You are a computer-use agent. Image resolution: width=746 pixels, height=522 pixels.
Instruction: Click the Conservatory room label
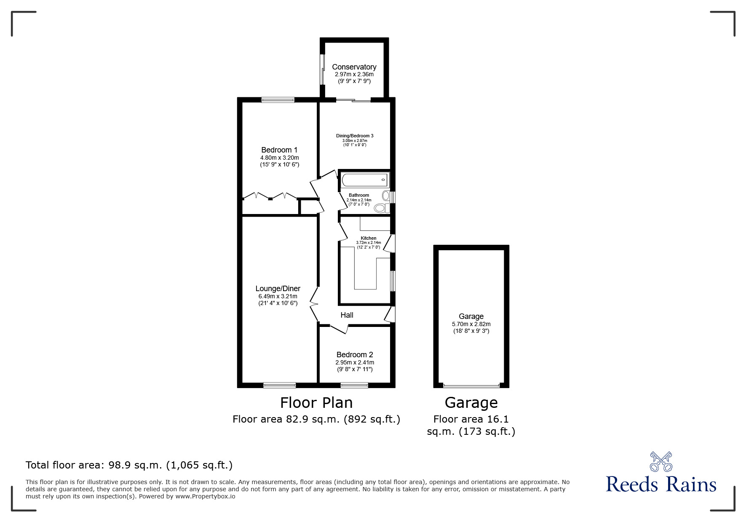click(354, 67)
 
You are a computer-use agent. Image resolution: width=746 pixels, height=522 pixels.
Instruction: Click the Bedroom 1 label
click(279, 150)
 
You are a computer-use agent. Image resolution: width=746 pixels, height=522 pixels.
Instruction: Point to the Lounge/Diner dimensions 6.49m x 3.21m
click(278, 296)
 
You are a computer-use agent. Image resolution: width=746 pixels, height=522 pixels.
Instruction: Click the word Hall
click(347, 315)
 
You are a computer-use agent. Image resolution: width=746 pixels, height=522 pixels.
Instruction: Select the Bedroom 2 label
click(355, 355)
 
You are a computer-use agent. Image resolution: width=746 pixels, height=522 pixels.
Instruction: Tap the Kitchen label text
click(369, 238)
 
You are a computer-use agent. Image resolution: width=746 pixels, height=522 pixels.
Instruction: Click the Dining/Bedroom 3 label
click(355, 136)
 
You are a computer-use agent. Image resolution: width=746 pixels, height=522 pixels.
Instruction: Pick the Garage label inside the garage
click(471, 316)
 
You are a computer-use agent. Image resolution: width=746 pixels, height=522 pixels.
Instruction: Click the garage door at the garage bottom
click(471, 385)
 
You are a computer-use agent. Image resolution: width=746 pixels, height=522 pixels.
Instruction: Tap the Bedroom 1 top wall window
click(278, 100)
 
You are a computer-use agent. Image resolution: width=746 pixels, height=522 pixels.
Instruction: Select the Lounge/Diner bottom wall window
click(279, 385)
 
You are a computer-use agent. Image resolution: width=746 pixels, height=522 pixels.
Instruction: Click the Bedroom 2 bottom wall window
click(354, 385)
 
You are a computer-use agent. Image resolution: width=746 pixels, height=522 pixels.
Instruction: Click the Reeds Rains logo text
click(661, 484)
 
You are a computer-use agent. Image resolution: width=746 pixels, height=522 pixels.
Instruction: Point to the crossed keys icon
click(661, 461)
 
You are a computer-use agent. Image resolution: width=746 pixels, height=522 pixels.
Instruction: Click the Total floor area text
click(129, 465)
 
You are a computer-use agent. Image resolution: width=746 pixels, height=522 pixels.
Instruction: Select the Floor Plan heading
click(316, 403)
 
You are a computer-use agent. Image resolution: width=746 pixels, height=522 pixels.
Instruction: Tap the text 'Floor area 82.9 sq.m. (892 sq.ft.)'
click(316, 419)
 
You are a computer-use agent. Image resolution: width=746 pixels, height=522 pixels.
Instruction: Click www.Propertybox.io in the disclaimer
click(205, 496)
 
